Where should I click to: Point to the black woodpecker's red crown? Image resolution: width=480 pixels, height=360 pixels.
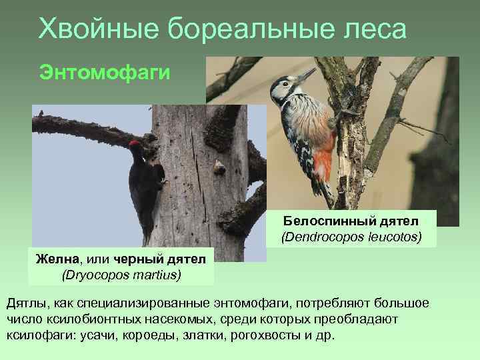(x=134, y=143)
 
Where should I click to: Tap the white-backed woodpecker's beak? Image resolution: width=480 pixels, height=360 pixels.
(x=307, y=75)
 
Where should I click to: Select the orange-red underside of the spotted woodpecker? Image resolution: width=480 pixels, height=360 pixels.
(x=324, y=160)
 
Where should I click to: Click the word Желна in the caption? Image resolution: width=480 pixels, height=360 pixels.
(x=54, y=259)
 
